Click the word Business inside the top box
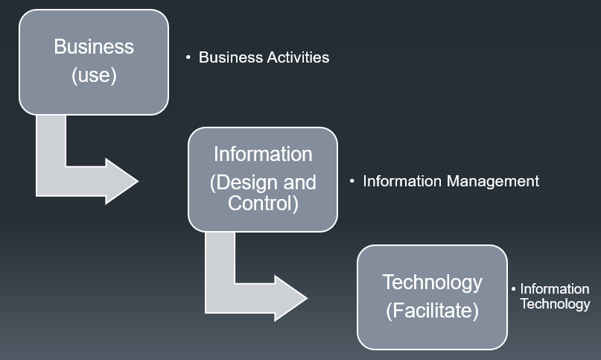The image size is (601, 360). [x=94, y=47]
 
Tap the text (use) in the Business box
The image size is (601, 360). [x=94, y=75]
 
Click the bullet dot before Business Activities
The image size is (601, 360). [x=188, y=57]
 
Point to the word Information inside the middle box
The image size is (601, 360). [x=263, y=154]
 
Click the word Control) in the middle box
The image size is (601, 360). [x=263, y=203]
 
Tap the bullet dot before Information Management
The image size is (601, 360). [x=352, y=181]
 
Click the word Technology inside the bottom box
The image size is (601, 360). [x=432, y=282]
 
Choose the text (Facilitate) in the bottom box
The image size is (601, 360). [x=432, y=310]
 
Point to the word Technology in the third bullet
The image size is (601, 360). [x=555, y=303]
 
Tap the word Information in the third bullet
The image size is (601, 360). [x=555, y=289]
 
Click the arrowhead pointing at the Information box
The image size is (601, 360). [x=122, y=180]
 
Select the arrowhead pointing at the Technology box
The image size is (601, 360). [x=291, y=298]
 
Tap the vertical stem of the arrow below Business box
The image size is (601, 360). [x=51, y=142]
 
